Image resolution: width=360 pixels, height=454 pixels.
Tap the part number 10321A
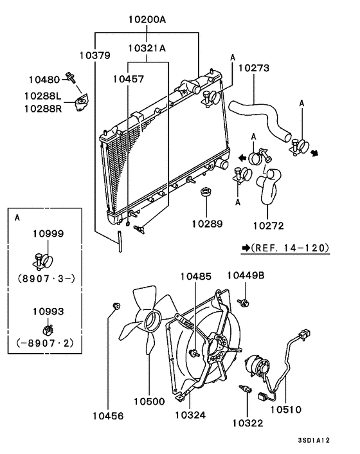tap(147, 48)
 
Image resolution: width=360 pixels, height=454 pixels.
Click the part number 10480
tap(44, 80)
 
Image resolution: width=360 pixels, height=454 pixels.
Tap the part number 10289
tap(207, 224)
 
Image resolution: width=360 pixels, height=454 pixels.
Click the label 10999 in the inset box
tap(48, 234)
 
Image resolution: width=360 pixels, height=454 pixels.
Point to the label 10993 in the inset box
tap(48, 311)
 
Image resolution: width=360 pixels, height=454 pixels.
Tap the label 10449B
tap(245, 275)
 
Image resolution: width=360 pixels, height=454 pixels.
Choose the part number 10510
tap(286, 409)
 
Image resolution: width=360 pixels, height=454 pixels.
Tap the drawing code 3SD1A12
tap(314, 440)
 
